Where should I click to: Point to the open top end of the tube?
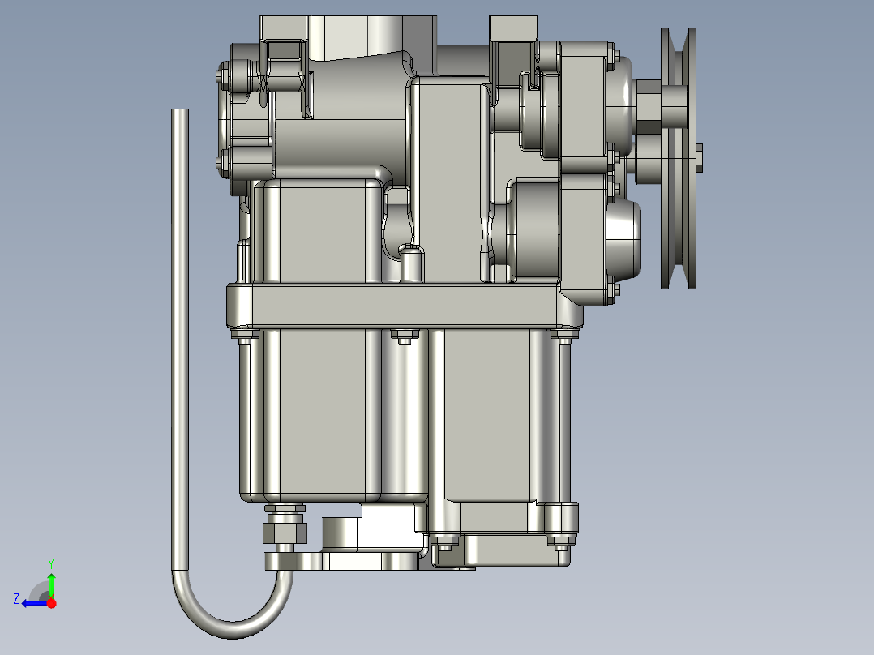point(179,111)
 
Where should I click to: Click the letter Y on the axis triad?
point(51,563)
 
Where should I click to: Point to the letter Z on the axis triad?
point(15,599)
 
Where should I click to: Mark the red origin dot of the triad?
point(51,602)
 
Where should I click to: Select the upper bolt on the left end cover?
point(221,77)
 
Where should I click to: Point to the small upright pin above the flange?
point(412,264)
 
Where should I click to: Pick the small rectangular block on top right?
point(513,28)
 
